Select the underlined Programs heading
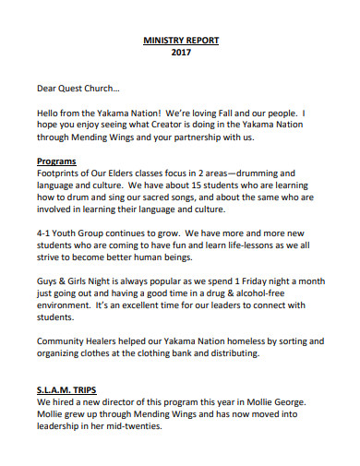pyautogui.click(x=57, y=161)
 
